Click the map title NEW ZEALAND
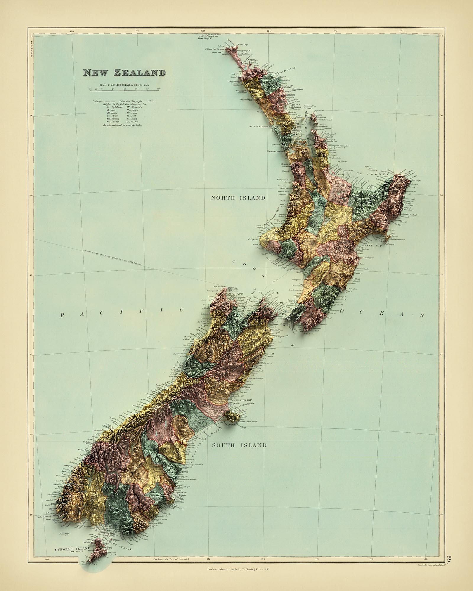(x=124, y=73)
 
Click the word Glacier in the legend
(x=114, y=121)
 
